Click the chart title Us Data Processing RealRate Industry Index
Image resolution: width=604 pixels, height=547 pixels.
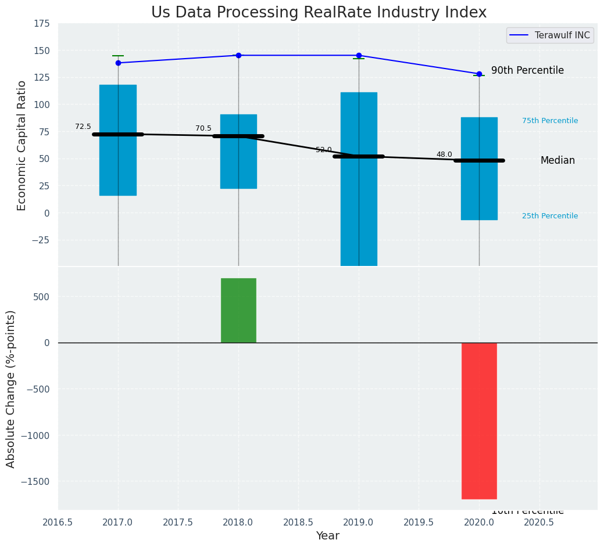319,12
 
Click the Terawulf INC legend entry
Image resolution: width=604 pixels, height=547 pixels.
550,35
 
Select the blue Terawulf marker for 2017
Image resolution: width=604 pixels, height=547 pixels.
118,63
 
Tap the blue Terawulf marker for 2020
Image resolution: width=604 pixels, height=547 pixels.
479,74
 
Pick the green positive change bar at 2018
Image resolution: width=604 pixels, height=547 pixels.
238,310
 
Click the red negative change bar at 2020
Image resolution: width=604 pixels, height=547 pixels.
479,420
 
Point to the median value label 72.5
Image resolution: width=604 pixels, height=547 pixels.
83,127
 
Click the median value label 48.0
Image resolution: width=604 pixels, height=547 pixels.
444,154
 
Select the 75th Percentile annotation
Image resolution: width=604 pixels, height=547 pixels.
549,121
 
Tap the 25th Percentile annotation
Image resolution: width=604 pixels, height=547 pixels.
549,216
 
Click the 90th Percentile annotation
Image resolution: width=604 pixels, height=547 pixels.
527,70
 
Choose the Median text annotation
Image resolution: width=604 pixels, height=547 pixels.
557,160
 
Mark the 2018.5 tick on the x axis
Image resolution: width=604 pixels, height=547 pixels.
298,522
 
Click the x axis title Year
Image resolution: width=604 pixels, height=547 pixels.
327,536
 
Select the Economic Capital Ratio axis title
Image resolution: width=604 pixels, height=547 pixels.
22,145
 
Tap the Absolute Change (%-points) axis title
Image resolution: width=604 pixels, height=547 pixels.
10,388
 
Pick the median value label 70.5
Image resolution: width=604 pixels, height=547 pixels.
203,128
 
